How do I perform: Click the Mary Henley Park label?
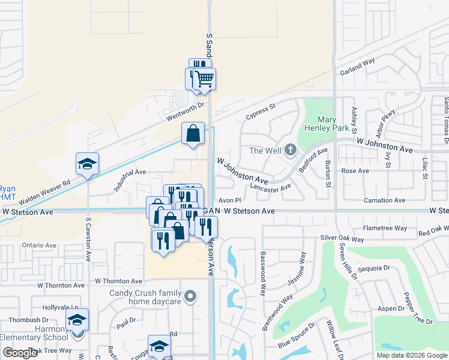(x=334, y=124)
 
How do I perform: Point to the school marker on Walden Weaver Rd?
(x=87, y=164)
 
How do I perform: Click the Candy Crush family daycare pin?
(x=190, y=296)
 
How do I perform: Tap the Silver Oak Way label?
(x=342, y=239)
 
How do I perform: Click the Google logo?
(x=20, y=353)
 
